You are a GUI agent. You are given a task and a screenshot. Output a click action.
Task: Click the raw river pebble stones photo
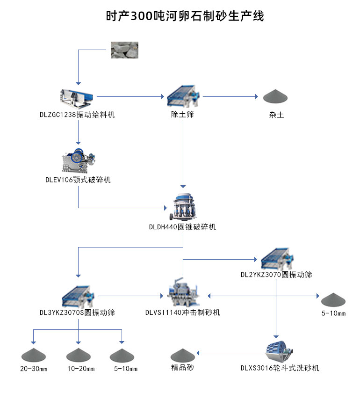point(124,50)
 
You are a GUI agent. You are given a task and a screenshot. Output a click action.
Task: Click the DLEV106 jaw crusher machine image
point(78,161)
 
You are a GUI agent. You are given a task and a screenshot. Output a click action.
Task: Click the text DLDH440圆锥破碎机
point(182,227)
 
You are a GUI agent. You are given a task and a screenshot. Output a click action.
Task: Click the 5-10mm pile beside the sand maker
point(333,299)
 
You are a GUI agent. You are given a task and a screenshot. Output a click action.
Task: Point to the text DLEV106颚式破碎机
point(78,180)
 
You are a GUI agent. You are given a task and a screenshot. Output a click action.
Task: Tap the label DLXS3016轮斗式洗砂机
point(280,368)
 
